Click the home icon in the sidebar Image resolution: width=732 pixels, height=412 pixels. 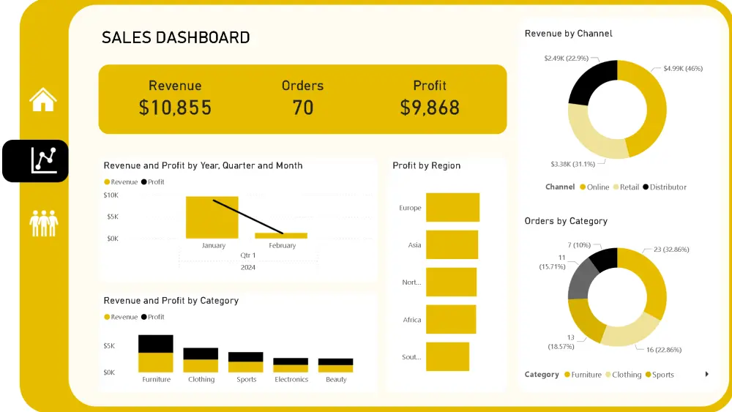[43, 100]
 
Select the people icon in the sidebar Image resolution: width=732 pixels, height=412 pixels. [43, 222]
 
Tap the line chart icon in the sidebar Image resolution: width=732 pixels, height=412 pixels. [43, 160]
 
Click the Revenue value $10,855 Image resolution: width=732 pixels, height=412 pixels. [175, 108]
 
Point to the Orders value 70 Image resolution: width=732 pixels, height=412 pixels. [302, 108]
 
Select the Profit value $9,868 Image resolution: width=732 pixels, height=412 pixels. [430, 108]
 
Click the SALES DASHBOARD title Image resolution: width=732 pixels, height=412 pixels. [176, 38]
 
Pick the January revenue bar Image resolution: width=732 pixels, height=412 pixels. [212, 218]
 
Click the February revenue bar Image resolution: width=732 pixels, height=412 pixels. [281, 236]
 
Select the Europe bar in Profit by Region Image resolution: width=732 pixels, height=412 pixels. [452, 208]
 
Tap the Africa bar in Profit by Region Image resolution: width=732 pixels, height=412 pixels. [451, 320]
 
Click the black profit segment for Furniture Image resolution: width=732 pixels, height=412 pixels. [156, 344]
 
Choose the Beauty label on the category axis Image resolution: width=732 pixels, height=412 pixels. [336, 380]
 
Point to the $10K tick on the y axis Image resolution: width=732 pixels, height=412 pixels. [111, 195]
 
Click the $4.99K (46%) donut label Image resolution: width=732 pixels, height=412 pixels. [683, 68]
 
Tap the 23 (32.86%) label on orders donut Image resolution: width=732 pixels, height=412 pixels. [671, 250]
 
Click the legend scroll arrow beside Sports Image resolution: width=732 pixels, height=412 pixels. [706, 375]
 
